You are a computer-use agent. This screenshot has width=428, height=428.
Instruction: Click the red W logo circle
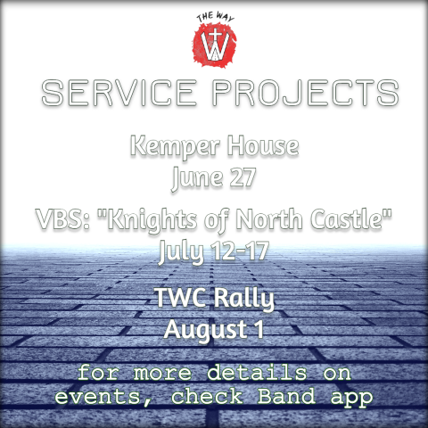(215, 45)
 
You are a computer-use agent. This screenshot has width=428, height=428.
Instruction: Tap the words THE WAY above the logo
(215, 17)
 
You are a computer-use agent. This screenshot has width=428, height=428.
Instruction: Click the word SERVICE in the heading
(119, 93)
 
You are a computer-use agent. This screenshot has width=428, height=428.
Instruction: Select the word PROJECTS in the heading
(306, 93)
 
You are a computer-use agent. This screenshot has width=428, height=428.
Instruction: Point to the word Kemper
(175, 146)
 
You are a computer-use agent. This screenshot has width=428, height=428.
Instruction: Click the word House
(263, 145)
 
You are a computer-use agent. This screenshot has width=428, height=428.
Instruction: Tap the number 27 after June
(243, 177)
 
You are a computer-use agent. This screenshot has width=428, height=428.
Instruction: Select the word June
(197, 178)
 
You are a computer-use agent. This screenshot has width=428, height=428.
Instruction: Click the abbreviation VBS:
(63, 219)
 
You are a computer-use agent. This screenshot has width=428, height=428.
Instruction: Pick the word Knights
(152, 220)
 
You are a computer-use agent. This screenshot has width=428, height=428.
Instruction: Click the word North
(269, 219)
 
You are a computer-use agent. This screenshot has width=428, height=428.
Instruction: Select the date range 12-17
(240, 251)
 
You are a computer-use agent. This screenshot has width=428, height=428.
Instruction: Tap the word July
(181, 252)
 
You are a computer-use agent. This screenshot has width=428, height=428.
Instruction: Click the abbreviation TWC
(180, 297)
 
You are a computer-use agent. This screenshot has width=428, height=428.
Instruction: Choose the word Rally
(244, 299)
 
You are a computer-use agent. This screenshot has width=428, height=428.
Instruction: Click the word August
(205, 330)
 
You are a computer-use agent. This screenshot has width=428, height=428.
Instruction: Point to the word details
(257, 373)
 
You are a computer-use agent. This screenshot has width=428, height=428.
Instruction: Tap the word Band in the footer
(286, 396)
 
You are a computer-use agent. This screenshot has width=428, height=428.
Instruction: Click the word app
(351, 398)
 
